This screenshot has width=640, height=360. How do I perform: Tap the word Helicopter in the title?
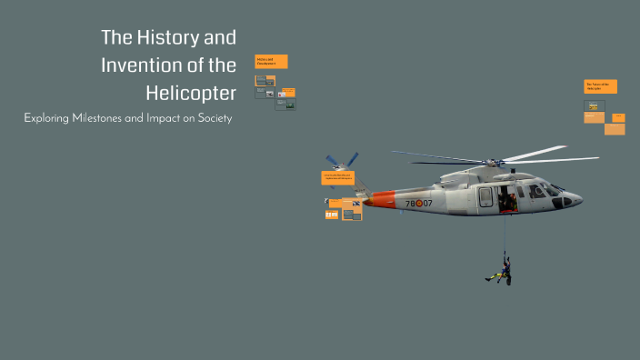tap(191, 93)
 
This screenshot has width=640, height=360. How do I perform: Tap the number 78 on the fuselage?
tap(412, 203)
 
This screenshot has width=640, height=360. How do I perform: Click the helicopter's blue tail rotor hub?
tap(341, 167)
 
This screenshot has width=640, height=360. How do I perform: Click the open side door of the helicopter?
tap(508, 197)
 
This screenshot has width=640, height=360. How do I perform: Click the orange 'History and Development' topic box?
tap(272, 62)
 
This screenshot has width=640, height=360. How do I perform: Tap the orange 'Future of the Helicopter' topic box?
tap(600, 86)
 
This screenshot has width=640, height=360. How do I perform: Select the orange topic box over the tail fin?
tap(337, 178)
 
